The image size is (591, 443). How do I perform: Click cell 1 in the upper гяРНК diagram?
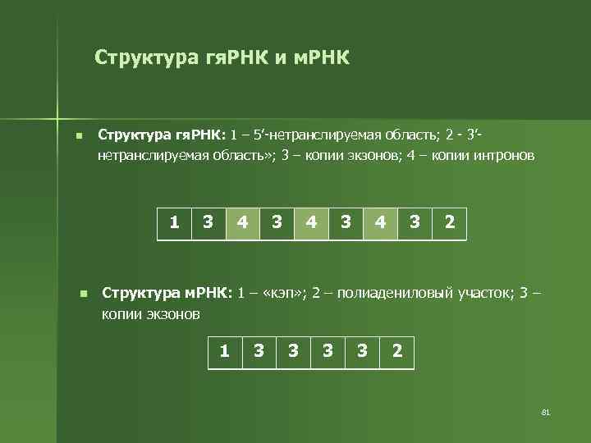pos(174,221)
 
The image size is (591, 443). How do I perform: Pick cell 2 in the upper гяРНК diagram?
pos(449,221)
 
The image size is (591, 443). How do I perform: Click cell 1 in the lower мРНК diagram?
pos(225,351)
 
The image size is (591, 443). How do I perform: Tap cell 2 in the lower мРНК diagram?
pos(397,351)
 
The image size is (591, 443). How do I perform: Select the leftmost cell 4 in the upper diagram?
pos(242,221)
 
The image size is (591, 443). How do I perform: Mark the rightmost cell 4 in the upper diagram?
pos(380,221)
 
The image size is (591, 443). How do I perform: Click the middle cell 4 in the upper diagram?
pos(311,221)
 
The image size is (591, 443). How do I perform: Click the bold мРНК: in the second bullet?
pos(208,294)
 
